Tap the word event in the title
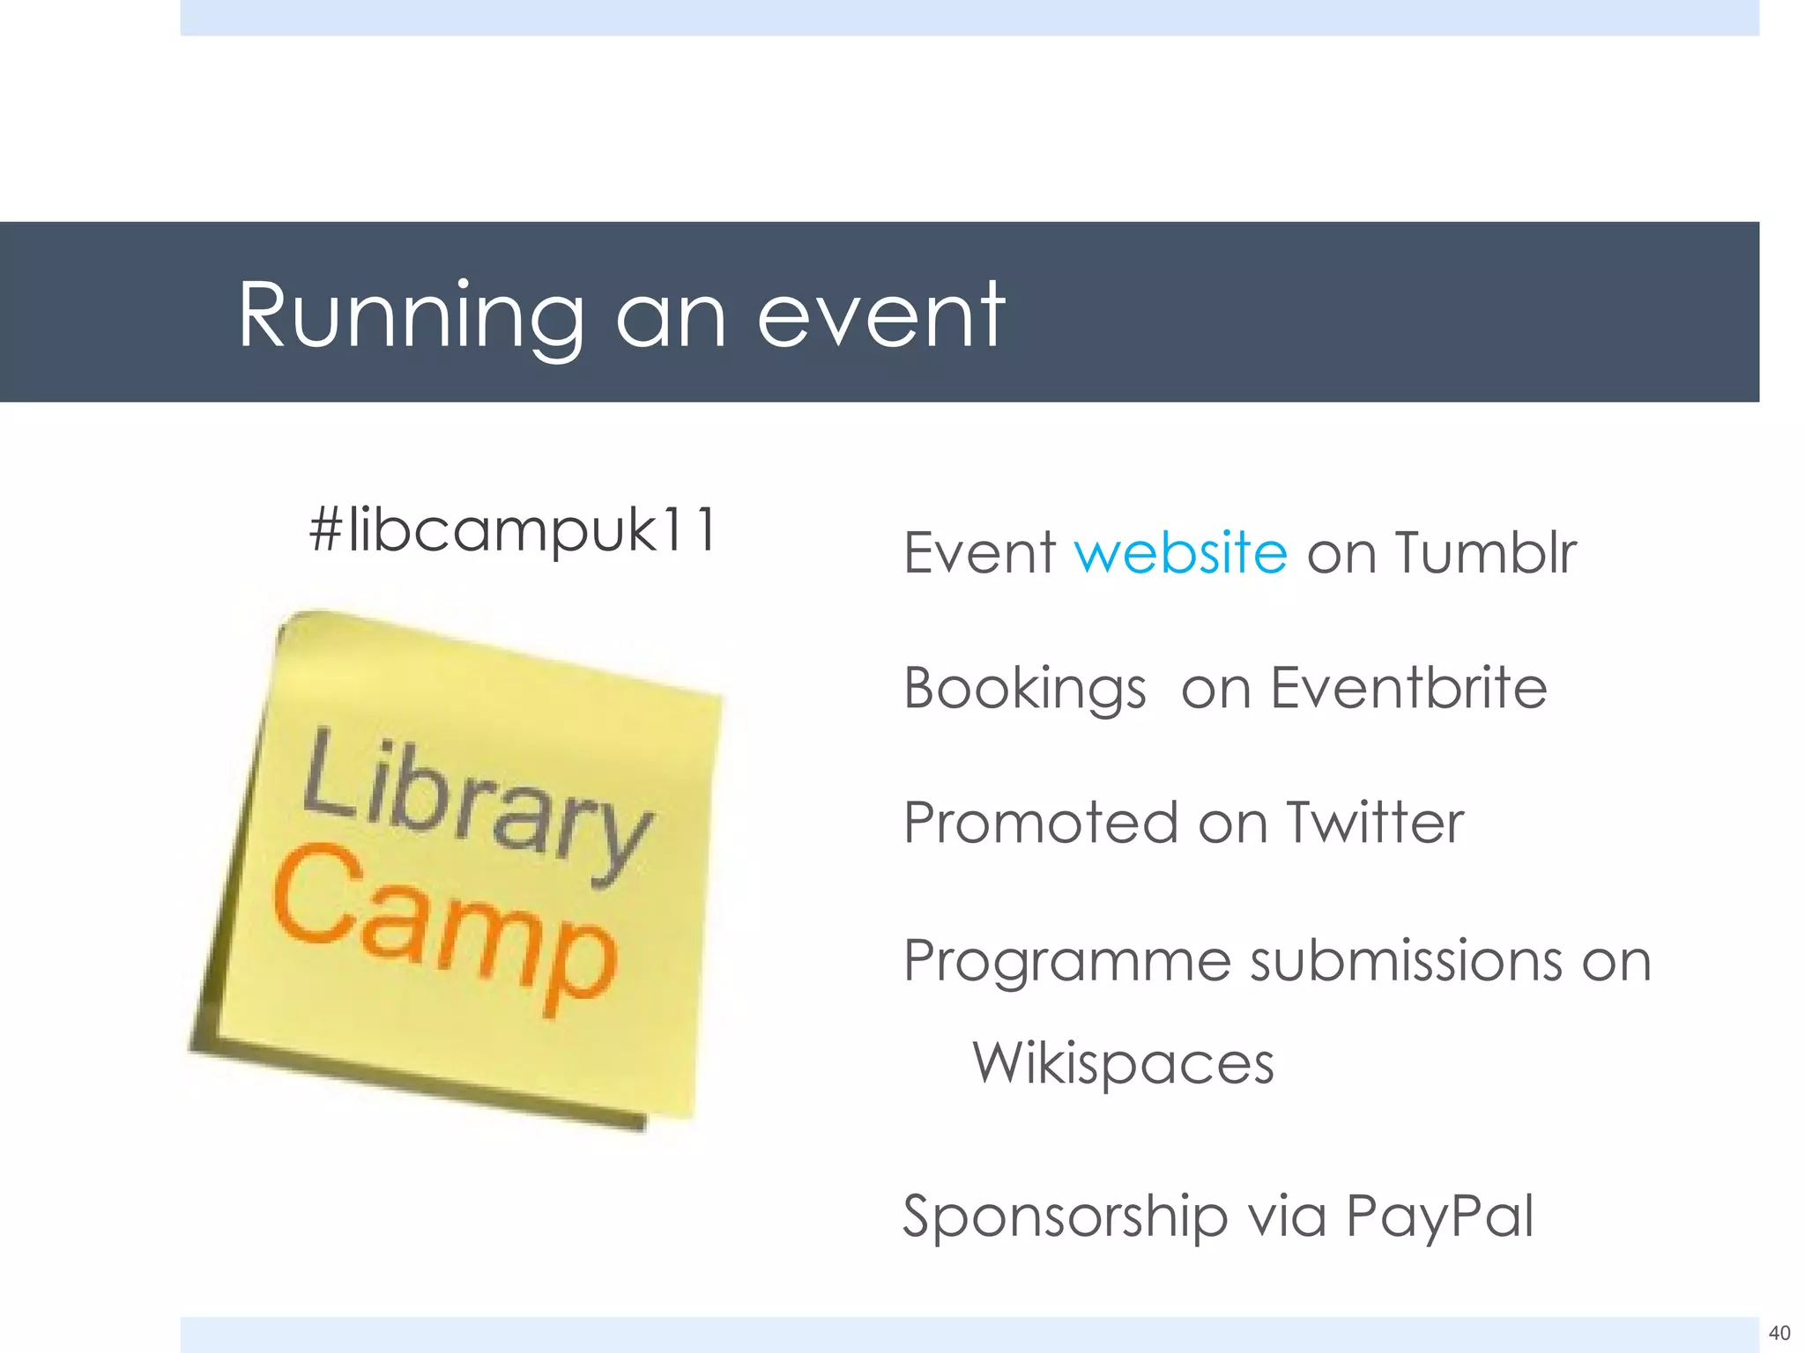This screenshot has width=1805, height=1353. (x=880, y=315)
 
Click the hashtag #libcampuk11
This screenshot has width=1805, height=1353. (x=514, y=530)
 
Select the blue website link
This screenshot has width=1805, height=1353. (x=1181, y=552)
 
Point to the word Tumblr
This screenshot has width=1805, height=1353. (x=1485, y=552)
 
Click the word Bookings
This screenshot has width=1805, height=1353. (x=1025, y=688)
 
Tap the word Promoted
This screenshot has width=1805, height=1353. (x=1041, y=823)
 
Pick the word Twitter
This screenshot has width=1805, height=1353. (x=1374, y=823)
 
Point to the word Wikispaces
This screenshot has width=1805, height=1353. (x=1123, y=1063)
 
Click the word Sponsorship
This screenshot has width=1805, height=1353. (x=1065, y=1217)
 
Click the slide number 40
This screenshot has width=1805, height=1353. (x=1779, y=1333)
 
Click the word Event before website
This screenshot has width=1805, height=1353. (x=979, y=552)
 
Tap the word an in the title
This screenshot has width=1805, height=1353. (x=671, y=315)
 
